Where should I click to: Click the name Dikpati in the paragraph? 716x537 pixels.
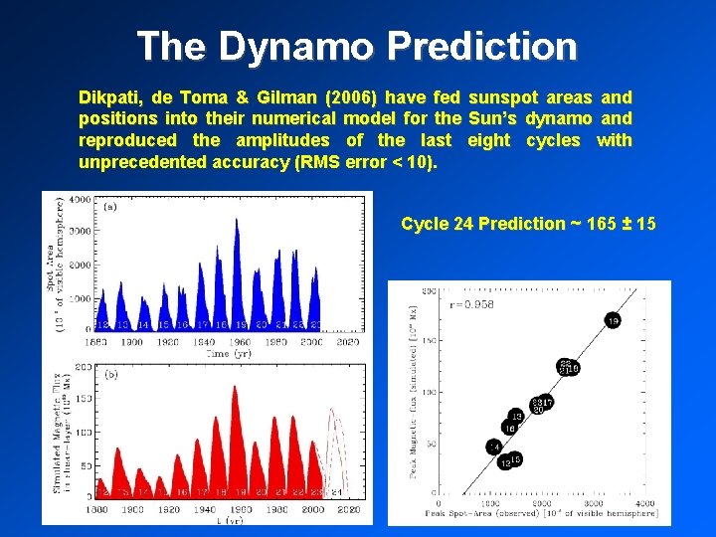point(109,97)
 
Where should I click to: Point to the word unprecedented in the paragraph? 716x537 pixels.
point(144,162)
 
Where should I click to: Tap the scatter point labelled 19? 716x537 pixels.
point(613,320)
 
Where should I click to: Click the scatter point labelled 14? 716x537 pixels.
point(493,447)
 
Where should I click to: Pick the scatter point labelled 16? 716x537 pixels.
point(508,428)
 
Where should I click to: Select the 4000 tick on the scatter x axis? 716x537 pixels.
point(645,503)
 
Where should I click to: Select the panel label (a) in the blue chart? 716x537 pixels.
point(110,208)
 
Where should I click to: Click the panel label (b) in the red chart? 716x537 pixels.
point(110,375)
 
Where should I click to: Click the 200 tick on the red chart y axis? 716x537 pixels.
point(84,368)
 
